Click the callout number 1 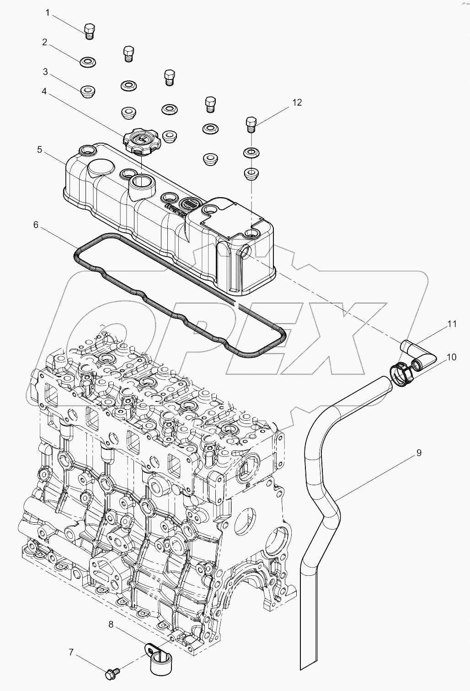(x=47, y=13)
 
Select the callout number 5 (x=40, y=150)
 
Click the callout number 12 (x=297, y=102)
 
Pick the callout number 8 (x=111, y=623)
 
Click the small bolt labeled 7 (x=112, y=673)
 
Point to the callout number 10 (x=451, y=357)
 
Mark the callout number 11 (x=452, y=324)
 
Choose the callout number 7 (x=71, y=653)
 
